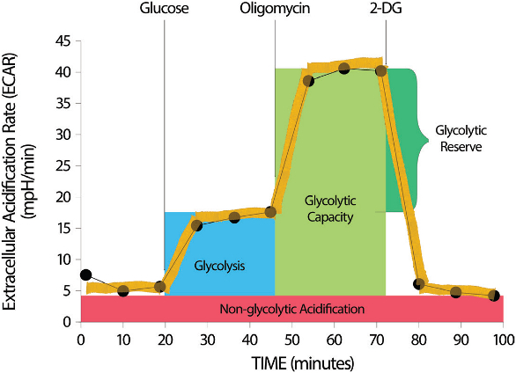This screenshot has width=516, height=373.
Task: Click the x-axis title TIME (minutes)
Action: [291, 362]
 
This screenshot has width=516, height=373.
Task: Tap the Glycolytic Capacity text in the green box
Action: [330, 208]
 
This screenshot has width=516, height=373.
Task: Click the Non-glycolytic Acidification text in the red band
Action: [291, 309]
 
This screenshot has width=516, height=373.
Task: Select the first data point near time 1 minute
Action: [85, 275]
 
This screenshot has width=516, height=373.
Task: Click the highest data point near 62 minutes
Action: [343, 69]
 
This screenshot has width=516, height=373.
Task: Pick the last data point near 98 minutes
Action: [495, 296]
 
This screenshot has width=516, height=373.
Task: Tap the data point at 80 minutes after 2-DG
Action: [419, 284]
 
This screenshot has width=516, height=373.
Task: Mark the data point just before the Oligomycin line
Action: [270, 212]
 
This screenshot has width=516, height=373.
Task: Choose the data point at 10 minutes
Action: [123, 290]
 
